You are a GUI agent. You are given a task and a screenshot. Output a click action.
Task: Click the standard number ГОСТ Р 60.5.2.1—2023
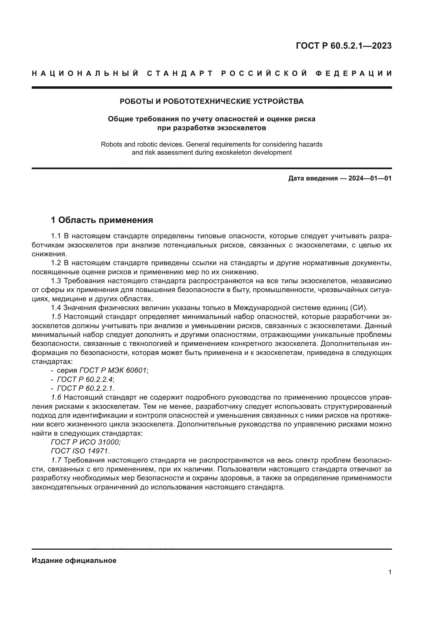pos(344,46)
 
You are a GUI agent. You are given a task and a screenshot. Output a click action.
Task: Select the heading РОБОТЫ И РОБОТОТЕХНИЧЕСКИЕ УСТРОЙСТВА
pos(211,101)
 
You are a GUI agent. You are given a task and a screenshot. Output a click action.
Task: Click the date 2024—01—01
pos(370,179)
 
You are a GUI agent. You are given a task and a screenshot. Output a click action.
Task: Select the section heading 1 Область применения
pos(102,220)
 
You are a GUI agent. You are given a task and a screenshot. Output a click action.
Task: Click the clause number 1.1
pos(56,236)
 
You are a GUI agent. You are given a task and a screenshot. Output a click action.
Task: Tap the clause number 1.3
pos(56,281)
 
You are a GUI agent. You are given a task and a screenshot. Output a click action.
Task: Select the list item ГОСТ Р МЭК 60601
pos(113,371)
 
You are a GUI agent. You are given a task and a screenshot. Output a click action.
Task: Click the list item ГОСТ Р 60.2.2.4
pos(85,380)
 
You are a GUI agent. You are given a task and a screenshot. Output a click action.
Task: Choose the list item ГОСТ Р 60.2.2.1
pos(85,389)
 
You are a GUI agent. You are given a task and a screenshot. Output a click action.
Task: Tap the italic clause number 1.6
pos(56,397)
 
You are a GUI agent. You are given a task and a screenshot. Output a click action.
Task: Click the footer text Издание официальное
pos(74,560)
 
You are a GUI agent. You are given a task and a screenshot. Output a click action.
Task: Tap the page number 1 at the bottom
pos(390,572)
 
